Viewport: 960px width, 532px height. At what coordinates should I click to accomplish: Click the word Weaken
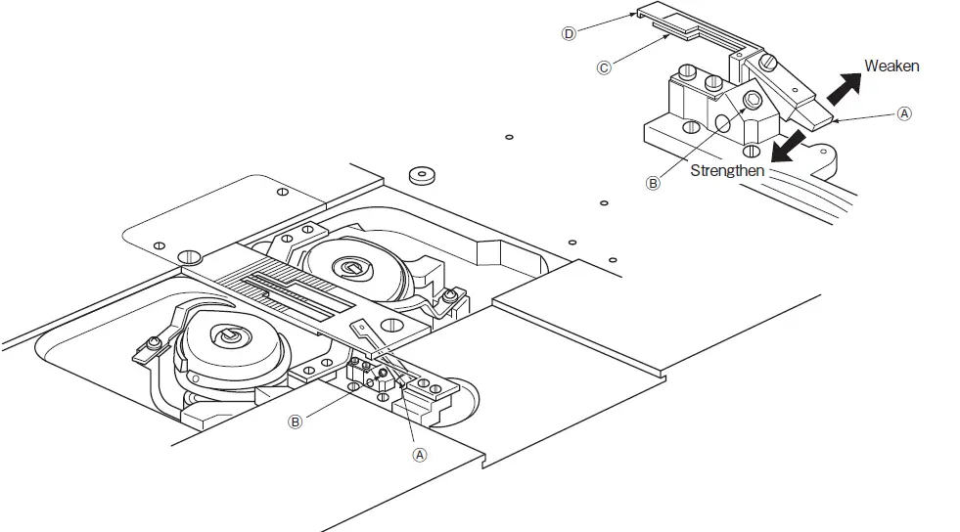point(891,66)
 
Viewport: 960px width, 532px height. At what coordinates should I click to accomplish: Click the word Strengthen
point(727,170)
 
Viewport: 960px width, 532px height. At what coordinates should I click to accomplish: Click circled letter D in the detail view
point(568,32)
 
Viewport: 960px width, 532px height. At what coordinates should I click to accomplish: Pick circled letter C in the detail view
point(603,67)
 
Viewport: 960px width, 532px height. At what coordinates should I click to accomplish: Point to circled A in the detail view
point(904,113)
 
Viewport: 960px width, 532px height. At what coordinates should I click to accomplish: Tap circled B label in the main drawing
point(294,422)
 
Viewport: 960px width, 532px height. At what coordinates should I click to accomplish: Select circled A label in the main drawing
point(419,455)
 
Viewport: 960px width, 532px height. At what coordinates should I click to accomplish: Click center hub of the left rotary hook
point(227,337)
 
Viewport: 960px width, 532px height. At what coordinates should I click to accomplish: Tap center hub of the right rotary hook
point(348,267)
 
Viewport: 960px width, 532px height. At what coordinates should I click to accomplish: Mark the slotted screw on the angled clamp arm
point(770,62)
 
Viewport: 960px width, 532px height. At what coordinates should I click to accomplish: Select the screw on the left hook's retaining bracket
point(154,342)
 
